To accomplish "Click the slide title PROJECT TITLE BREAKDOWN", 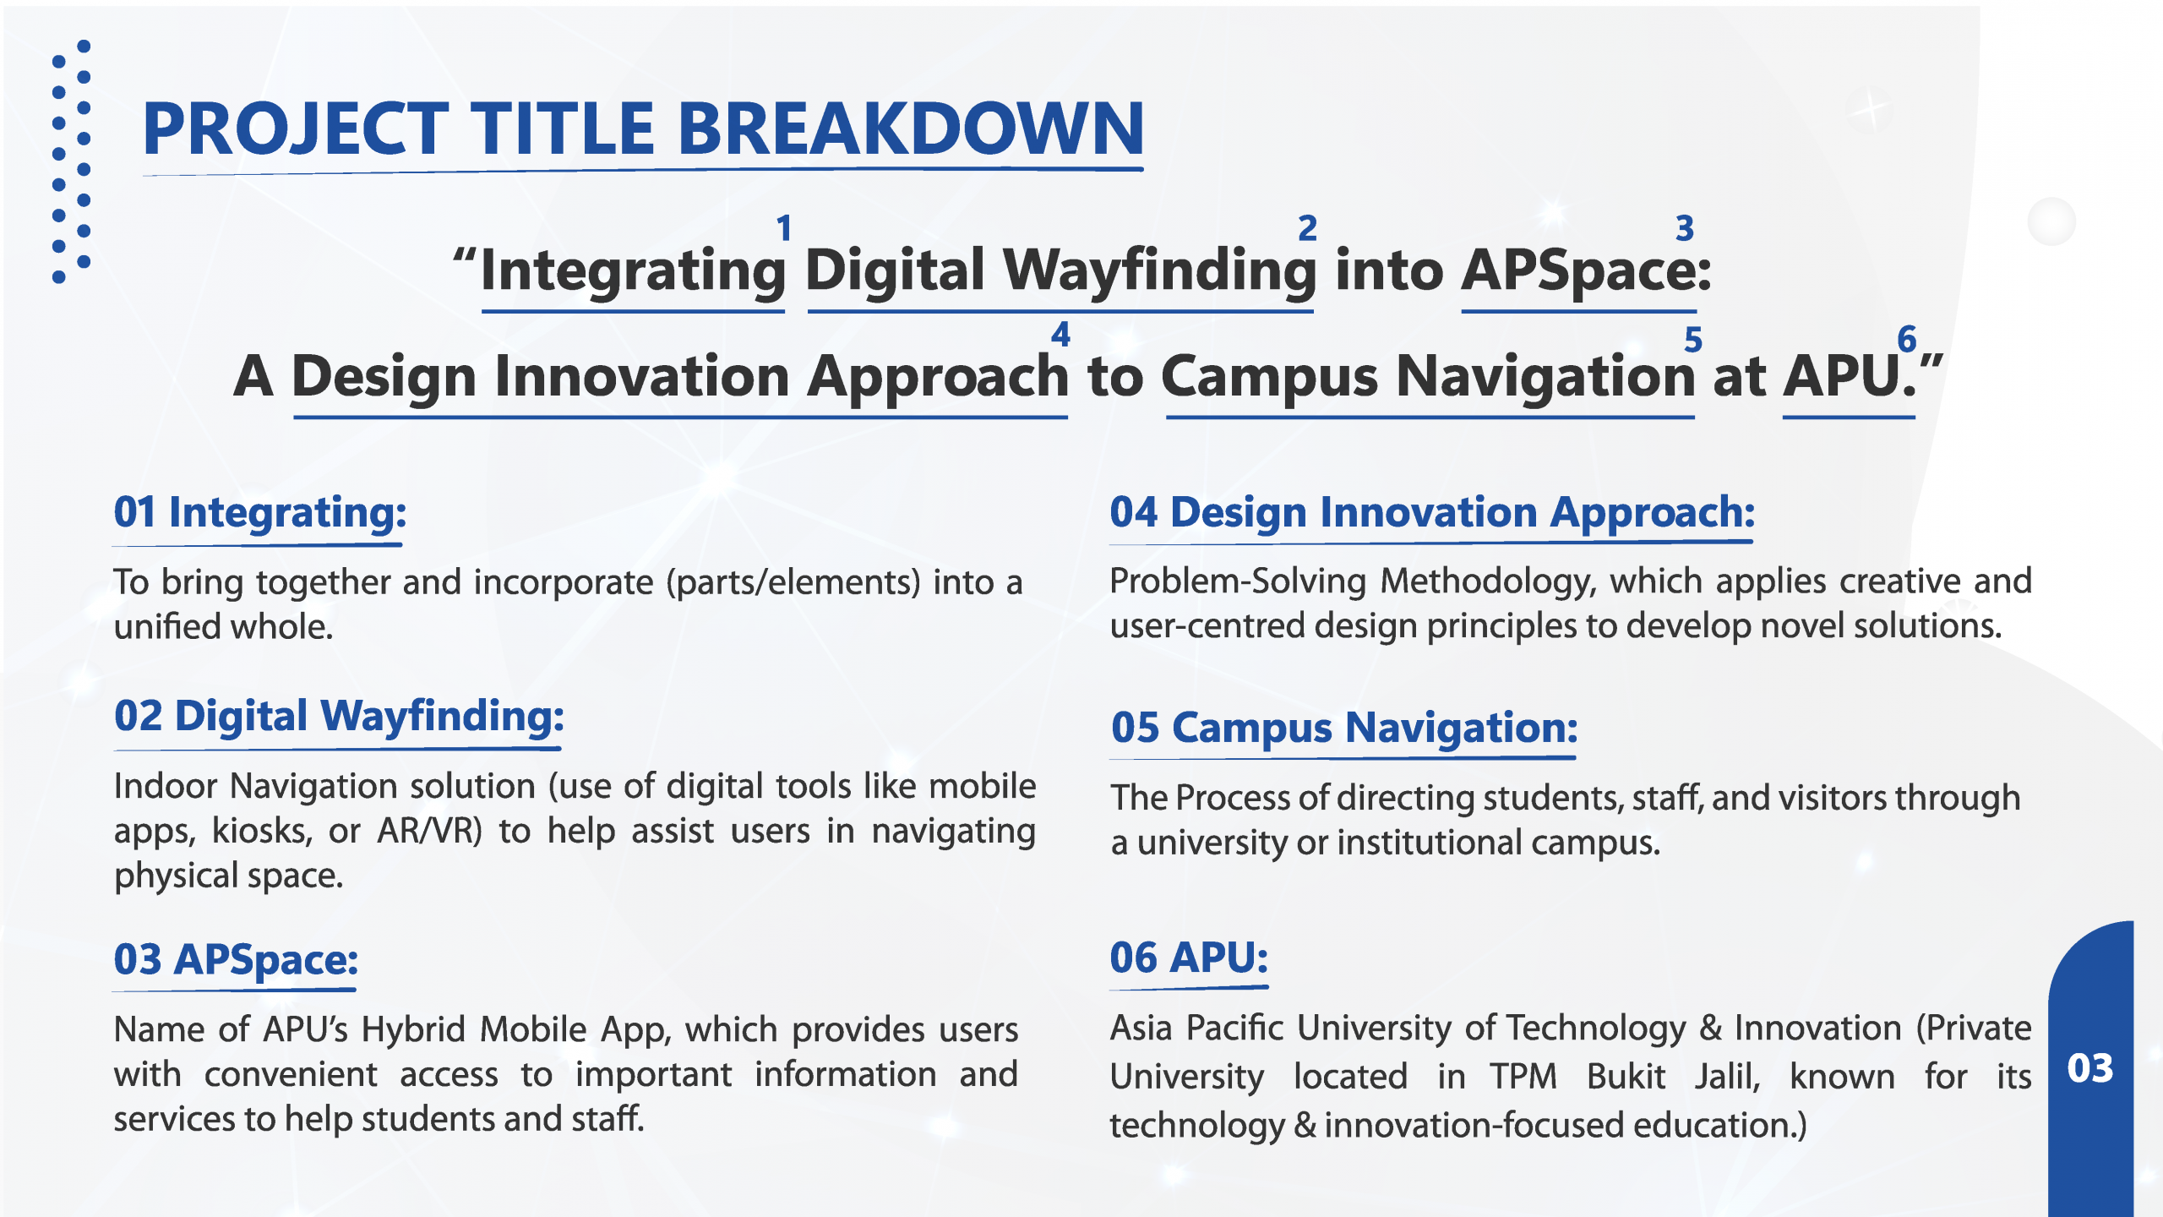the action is [x=643, y=128].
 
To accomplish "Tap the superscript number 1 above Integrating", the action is [x=784, y=227].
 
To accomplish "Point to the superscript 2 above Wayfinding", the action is [x=1307, y=227].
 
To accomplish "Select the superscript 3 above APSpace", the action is [x=1685, y=227].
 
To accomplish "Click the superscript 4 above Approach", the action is [x=1060, y=335].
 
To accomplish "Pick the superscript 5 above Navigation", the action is [x=1692, y=340].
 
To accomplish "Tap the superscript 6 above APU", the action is [x=1907, y=339].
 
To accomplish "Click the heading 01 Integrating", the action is [x=260, y=513].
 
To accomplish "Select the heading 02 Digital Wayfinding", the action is [x=339, y=717].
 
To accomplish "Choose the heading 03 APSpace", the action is [x=236, y=960].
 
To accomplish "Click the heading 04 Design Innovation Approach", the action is [x=1432, y=513].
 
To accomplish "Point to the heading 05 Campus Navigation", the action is [x=1344, y=729].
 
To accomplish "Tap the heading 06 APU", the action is [x=1189, y=958].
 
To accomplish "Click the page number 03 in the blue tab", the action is [x=2090, y=1068].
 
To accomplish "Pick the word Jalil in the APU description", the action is [x=1727, y=1078].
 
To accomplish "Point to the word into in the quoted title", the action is [x=1389, y=270].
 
